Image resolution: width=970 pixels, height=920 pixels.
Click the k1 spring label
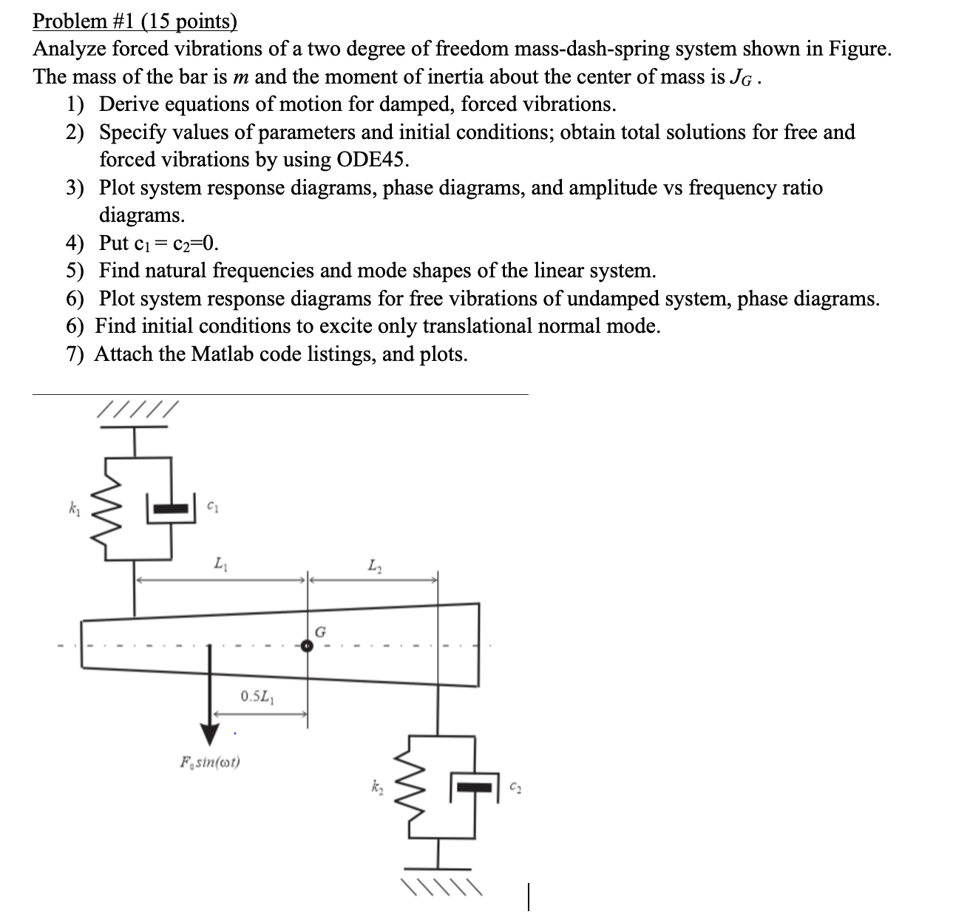coord(73,510)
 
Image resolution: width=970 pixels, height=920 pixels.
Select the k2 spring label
coord(378,785)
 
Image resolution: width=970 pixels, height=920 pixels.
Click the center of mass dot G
coord(308,646)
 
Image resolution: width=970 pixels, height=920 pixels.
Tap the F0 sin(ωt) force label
coord(211,760)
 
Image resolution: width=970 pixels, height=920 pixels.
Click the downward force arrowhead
coord(211,732)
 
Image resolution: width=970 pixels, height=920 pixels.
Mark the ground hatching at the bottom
coord(442,887)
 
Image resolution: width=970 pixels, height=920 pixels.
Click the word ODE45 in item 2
coord(370,160)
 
